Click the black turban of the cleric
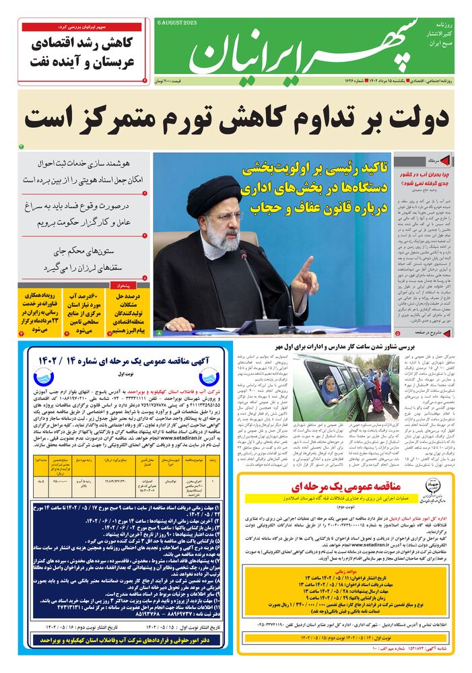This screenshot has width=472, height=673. [x=214, y=194]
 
